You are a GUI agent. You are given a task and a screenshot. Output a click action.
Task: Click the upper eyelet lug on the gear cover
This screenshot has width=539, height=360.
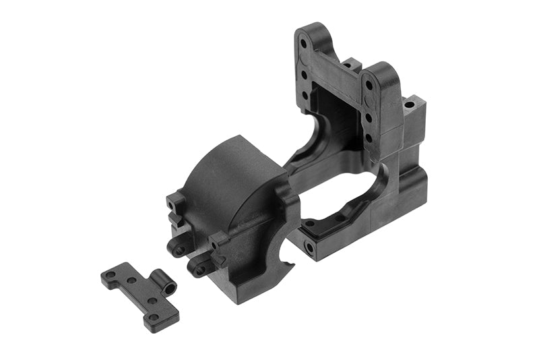(179, 250)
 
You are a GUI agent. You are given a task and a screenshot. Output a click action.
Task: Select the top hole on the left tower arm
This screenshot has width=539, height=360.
(303, 42)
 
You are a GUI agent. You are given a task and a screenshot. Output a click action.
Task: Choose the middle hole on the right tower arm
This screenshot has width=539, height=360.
(370, 117)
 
